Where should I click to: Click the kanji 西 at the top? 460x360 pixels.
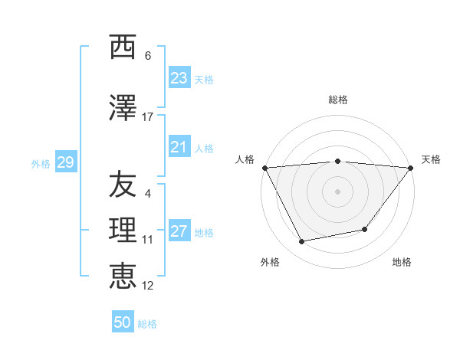pyautogui.click(x=123, y=47)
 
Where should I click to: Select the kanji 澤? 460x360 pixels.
pyautogui.click(x=123, y=109)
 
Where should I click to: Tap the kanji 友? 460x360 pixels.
pyautogui.click(x=123, y=185)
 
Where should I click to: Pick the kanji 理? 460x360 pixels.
pyautogui.click(x=123, y=231)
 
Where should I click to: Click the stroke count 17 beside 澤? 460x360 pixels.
pyautogui.click(x=148, y=117)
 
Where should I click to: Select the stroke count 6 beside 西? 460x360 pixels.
pyautogui.click(x=148, y=56)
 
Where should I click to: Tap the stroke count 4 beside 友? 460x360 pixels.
pyautogui.click(x=148, y=193)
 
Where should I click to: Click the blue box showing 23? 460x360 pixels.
pyautogui.click(x=179, y=78)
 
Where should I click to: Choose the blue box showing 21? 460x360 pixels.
pyautogui.click(x=179, y=147)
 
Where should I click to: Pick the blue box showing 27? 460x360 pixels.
pyautogui.click(x=179, y=231)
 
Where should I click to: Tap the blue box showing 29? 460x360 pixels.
pyautogui.click(x=65, y=162)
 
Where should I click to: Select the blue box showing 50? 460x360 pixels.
pyautogui.click(x=123, y=322)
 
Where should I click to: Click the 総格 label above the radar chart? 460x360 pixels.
pyautogui.click(x=338, y=100)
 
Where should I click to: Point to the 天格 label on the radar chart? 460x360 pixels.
pyautogui.click(x=432, y=159)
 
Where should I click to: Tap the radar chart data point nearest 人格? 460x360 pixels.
pyautogui.click(x=264, y=168)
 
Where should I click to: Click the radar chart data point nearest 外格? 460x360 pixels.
pyautogui.click(x=301, y=242)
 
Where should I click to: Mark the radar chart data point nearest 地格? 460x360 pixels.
pyautogui.click(x=365, y=229)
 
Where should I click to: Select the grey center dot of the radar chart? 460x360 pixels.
pyautogui.click(x=338, y=191)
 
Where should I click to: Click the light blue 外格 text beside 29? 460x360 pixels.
pyautogui.click(x=41, y=163)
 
